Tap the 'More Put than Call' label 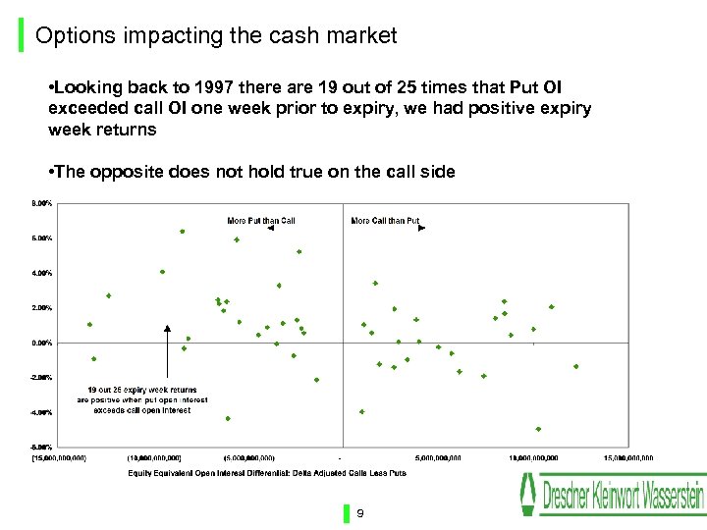260,221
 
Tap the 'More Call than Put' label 385,221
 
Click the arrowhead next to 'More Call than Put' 421,228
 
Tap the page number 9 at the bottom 360,513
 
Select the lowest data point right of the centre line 538,429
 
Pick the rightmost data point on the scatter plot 576,366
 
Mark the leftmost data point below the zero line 94,358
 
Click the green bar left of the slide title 23,36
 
